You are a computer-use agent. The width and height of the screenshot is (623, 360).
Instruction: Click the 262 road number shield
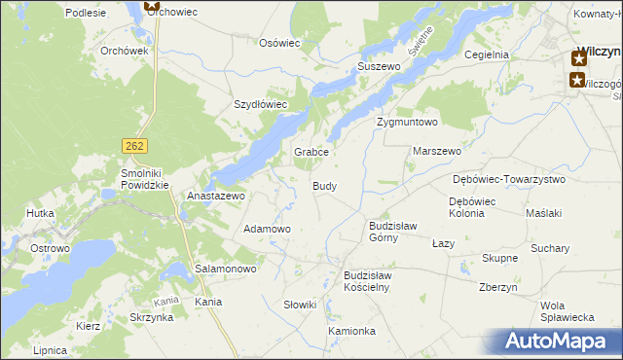[135, 145]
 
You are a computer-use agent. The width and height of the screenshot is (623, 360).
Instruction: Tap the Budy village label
[325, 186]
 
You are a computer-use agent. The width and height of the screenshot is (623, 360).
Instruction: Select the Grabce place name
[313, 153]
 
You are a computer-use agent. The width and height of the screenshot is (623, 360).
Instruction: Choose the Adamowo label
[267, 229]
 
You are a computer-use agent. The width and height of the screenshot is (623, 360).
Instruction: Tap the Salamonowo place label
[225, 268]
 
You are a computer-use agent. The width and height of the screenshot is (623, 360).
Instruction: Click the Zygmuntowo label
[407, 123]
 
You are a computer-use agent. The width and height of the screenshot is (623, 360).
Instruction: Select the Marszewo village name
[437, 152]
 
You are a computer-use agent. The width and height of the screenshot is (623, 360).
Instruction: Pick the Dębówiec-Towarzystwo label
[509, 180]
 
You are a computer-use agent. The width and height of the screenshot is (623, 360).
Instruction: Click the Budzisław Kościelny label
[366, 281]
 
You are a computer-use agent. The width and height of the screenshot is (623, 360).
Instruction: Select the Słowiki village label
[300, 305]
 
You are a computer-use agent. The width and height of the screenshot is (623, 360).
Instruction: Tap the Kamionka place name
[351, 331]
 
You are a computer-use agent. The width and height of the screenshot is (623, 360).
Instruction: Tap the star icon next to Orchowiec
[151, 6]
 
